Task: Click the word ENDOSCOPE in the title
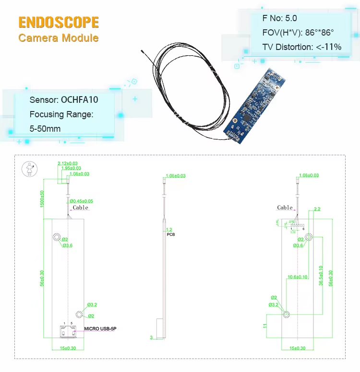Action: pos(59,22)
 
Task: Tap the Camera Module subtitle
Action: pos(59,37)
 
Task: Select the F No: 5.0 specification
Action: pos(280,18)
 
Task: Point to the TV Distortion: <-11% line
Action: pos(302,47)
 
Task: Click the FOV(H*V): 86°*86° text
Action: pos(298,33)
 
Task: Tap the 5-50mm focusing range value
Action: pos(45,129)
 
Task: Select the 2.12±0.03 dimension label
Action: pos(68,163)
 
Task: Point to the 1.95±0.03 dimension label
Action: pos(71,168)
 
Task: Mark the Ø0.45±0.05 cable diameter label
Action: pos(82,201)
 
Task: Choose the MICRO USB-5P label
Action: pos(100,329)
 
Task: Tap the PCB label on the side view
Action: pos(171,236)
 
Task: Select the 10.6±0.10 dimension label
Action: pos(298,277)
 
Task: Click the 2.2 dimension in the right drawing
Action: pos(317,209)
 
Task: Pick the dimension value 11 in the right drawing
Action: pos(264,326)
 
